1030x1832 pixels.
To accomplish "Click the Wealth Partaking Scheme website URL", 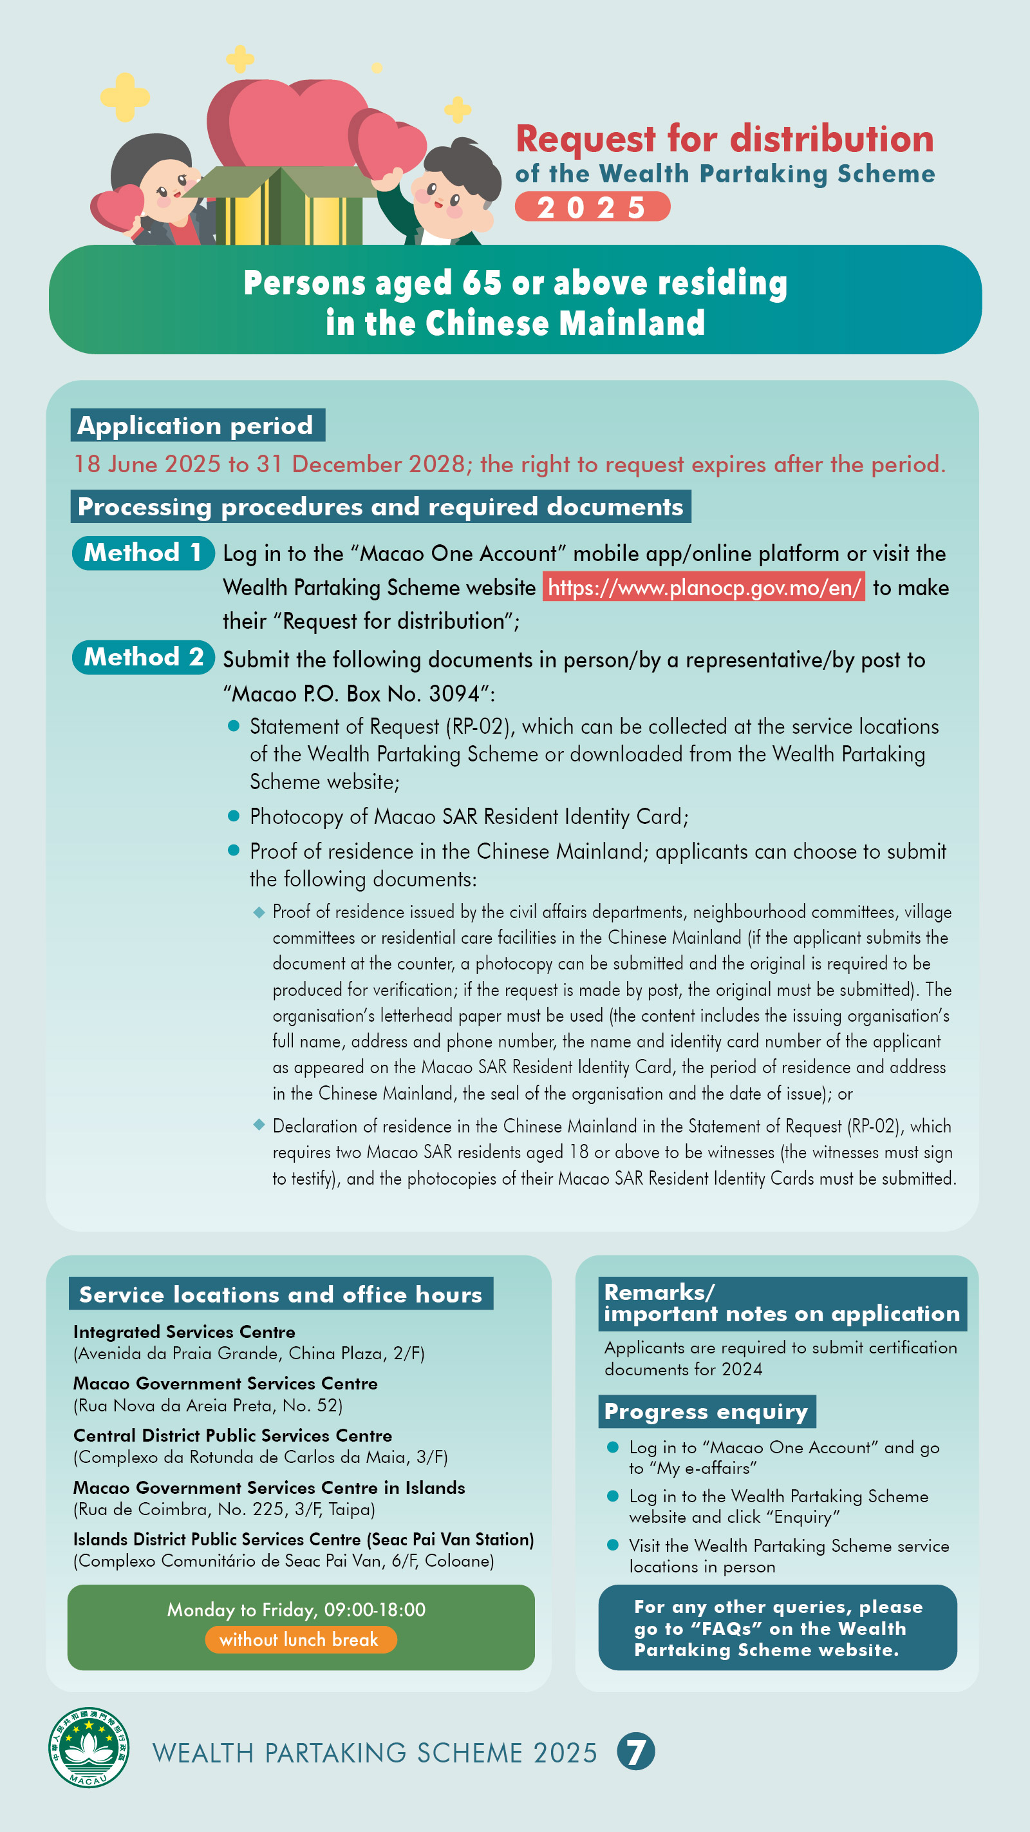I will tap(703, 587).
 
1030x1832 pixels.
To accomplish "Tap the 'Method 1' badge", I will tap(143, 553).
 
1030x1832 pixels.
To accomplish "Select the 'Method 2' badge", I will tap(143, 657).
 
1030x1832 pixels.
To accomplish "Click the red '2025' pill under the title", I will tap(592, 207).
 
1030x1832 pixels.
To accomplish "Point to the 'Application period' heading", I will tap(197, 425).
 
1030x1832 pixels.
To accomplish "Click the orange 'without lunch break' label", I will tap(299, 1639).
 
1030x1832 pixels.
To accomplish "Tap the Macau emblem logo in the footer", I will tap(88, 1748).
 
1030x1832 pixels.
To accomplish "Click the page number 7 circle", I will tap(635, 1751).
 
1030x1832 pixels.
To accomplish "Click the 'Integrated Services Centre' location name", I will tap(184, 1332).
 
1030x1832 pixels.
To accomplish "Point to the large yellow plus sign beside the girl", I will tap(124, 96).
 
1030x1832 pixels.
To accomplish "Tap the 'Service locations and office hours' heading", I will tap(281, 1294).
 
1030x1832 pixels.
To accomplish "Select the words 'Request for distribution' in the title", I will tap(724, 138).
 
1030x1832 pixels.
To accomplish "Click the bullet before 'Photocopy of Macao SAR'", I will tap(233, 816).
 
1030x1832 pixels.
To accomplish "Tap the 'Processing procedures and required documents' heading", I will tap(380, 506).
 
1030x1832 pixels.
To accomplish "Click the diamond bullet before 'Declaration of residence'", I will tap(259, 1124).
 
